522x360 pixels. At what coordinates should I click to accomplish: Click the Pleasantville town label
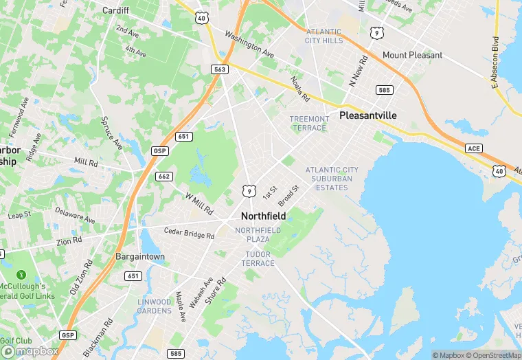tap(368, 115)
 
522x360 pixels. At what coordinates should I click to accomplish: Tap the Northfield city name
tap(263, 215)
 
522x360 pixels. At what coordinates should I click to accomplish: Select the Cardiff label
tap(115, 10)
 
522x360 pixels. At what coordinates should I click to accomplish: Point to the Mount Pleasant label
tap(412, 55)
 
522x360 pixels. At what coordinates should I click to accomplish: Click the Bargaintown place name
tap(141, 256)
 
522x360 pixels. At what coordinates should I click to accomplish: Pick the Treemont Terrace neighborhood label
tap(310, 124)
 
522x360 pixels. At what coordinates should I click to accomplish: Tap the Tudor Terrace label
tap(258, 259)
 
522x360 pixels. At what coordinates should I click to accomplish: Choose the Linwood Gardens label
tap(154, 306)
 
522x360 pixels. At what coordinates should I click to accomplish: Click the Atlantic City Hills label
tap(324, 36)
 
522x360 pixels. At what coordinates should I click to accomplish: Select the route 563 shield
tap(218, 69)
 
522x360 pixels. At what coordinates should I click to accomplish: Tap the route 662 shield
tap(163, 176)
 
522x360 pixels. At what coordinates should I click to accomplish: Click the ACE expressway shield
tap(473, 148)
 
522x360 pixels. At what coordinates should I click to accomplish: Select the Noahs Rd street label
tap(300, 88)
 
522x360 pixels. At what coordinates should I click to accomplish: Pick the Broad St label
tap(289, 196)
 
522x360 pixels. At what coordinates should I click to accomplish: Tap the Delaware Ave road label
tap(75, 216)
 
